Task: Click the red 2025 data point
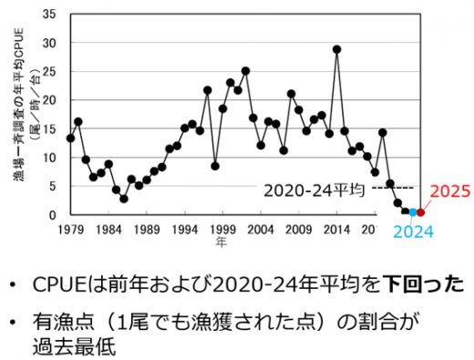(x=421, y=213)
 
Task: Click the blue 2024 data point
(x=413, y=212)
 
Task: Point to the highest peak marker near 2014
(x=337, y=49)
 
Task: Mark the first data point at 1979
(x=70, y=138)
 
